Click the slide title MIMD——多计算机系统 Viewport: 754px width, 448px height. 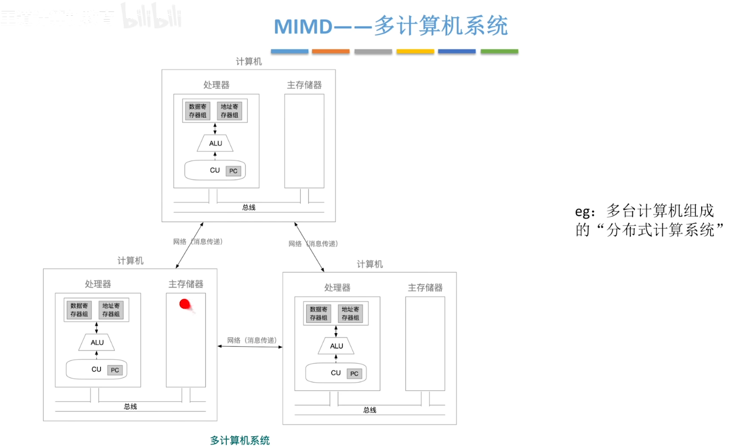coord(390,26)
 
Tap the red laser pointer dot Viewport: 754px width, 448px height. coord(186,304)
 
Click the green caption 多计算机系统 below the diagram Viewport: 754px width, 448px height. coord(240,440)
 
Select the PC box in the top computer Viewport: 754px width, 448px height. coord(233,171)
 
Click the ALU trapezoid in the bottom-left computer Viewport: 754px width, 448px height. coord(97,342)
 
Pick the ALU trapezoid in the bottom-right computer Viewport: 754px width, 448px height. coord(337,346)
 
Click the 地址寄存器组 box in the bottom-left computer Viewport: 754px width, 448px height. coord(112,310)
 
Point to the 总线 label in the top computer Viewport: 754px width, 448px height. coord(248,207)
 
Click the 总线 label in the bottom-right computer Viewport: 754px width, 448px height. coord(369,410)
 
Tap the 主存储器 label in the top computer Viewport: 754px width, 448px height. coord(304,85)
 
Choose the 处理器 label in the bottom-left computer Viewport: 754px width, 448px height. coord(98,284)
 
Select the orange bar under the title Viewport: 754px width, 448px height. coord(331,52)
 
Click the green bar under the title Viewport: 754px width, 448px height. coord(499,52)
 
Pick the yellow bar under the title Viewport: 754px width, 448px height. coord(415,52)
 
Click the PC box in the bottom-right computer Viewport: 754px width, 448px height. coord(354,373)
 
